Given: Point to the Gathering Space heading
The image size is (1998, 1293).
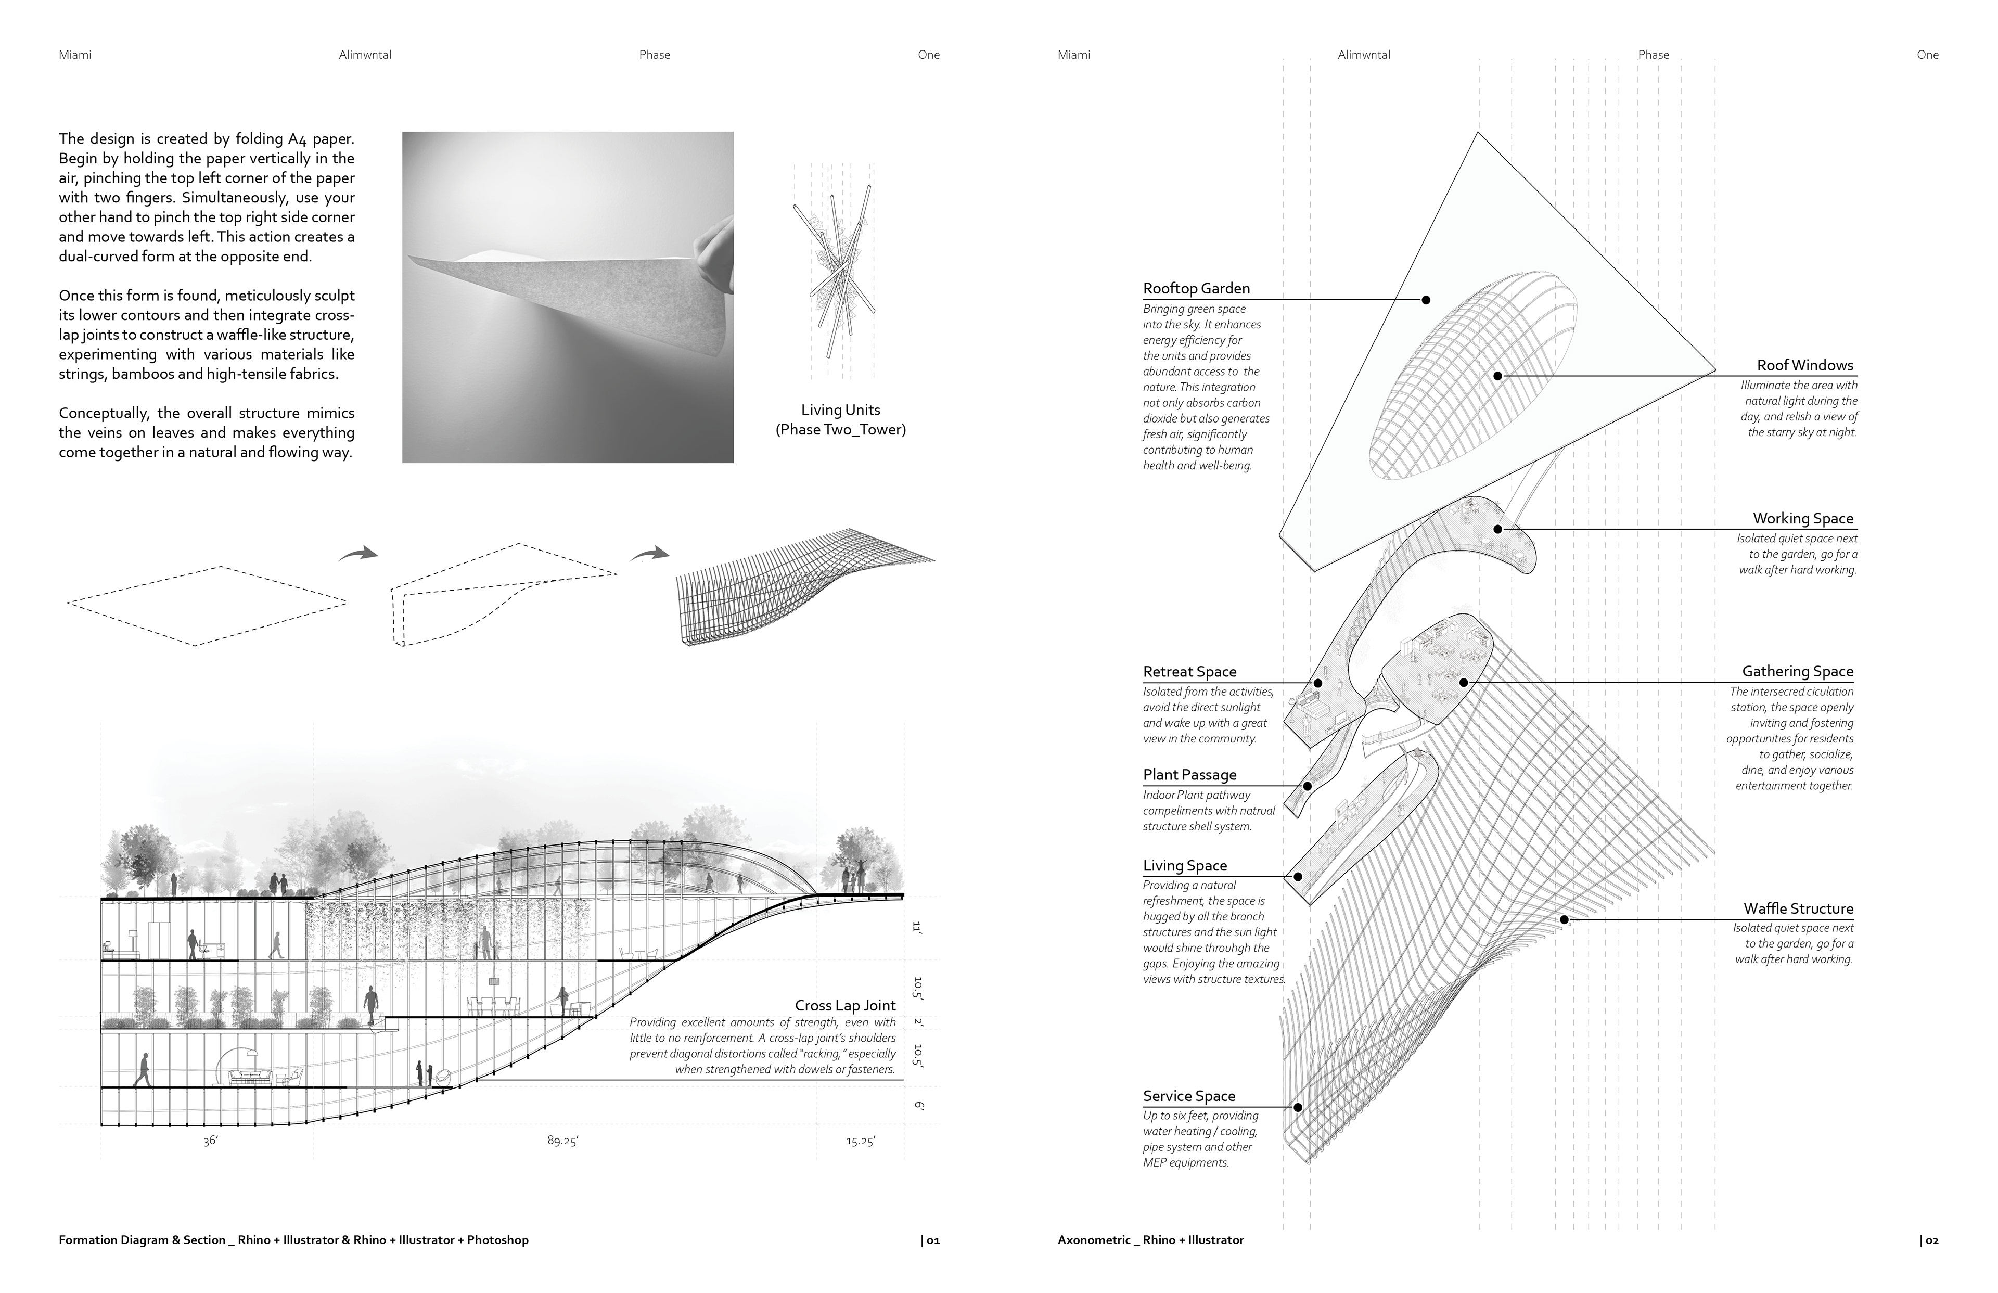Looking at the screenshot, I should click(x=1797, y=672).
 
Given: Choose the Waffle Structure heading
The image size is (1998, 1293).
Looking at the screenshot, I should click(x=1798, y=908).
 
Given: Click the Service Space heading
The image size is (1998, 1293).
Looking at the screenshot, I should click(x=1189, y=1096).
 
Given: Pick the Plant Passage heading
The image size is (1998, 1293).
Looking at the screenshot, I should click(x=1189, y=775).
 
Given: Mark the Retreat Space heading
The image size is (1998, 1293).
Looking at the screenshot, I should click(x=1189, y=672).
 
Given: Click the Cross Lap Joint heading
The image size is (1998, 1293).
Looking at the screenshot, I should click(x=844, y=1006).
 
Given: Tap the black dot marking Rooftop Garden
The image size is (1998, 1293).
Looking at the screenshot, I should click(x=1426, y=300).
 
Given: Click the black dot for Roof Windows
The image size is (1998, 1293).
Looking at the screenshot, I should click(x=1497, y=376).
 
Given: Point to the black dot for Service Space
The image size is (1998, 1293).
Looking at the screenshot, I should click(x=1298, y=1107).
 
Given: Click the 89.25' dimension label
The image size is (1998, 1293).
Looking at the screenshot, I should click(x=562, y=1142).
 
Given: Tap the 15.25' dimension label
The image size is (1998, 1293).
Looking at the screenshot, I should click(x=861, y=1142).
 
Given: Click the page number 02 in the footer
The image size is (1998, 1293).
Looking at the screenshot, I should click(x=1929, y=1240).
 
